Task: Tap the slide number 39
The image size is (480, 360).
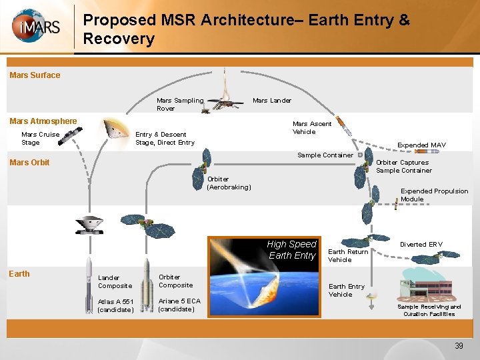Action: click(x=459, y=345)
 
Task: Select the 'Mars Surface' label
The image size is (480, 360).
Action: click(x=35, y=75)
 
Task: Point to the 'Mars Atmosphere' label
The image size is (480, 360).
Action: click(x=43, y=121)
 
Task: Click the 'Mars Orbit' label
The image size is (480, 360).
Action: click(x=29, y=163)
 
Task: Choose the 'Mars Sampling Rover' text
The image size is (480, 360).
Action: click(x=179, y=105)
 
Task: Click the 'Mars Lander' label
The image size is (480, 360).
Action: click(x=271, y=101)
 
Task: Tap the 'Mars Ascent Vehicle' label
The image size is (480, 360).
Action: click(x=312, y=128)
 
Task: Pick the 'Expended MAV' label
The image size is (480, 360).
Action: click(x=421, y=145)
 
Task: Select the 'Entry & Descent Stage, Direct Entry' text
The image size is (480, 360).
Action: click(x=165, y=139)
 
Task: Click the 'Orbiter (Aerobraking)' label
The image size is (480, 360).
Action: click(x=229, y=183)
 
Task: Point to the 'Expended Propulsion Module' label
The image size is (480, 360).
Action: click(x=434, y=195)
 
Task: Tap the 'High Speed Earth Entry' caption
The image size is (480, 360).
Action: click(x=292, y=250)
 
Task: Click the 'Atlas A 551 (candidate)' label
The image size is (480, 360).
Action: click(x=116, y=305)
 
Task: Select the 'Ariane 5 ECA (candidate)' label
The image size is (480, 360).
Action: click(x=179, y=305)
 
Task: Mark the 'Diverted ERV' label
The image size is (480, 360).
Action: click(x=421, y=245)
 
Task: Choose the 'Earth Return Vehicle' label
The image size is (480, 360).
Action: click(x=348, y=255)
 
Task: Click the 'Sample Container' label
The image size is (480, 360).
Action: click(x=325, y=155)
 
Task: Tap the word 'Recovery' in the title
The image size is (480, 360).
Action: click(x=119, y=39)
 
